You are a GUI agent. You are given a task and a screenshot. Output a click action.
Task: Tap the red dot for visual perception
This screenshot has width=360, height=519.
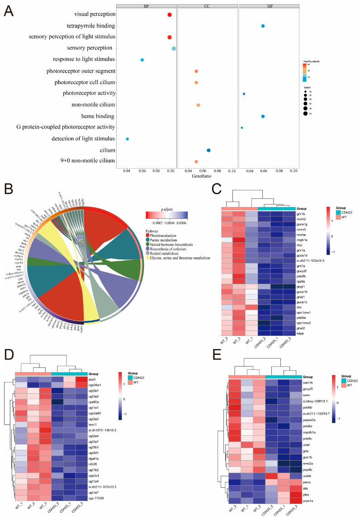[x=170, y=15]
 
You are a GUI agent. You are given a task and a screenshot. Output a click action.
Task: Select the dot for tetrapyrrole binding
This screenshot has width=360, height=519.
[x=263, y=26]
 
